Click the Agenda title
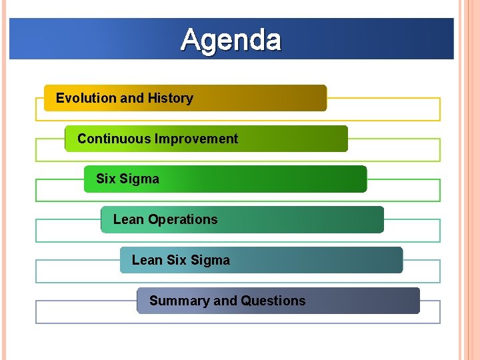click(x=231, y=39)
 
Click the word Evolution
click(x=86, y=98)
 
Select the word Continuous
click(x=114, y=139)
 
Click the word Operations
click(x=183, y=219)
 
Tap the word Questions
click(x=273, y=301)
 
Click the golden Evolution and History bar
click(x=267, y=98)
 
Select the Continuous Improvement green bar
click(x=293, y=139)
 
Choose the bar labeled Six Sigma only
click(x=267, y=179)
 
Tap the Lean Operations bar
click(x=300, y=219)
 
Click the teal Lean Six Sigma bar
click(x=320, y=260)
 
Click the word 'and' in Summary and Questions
click(x=225, y=301)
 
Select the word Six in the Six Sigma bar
click(x=105, y=179)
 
